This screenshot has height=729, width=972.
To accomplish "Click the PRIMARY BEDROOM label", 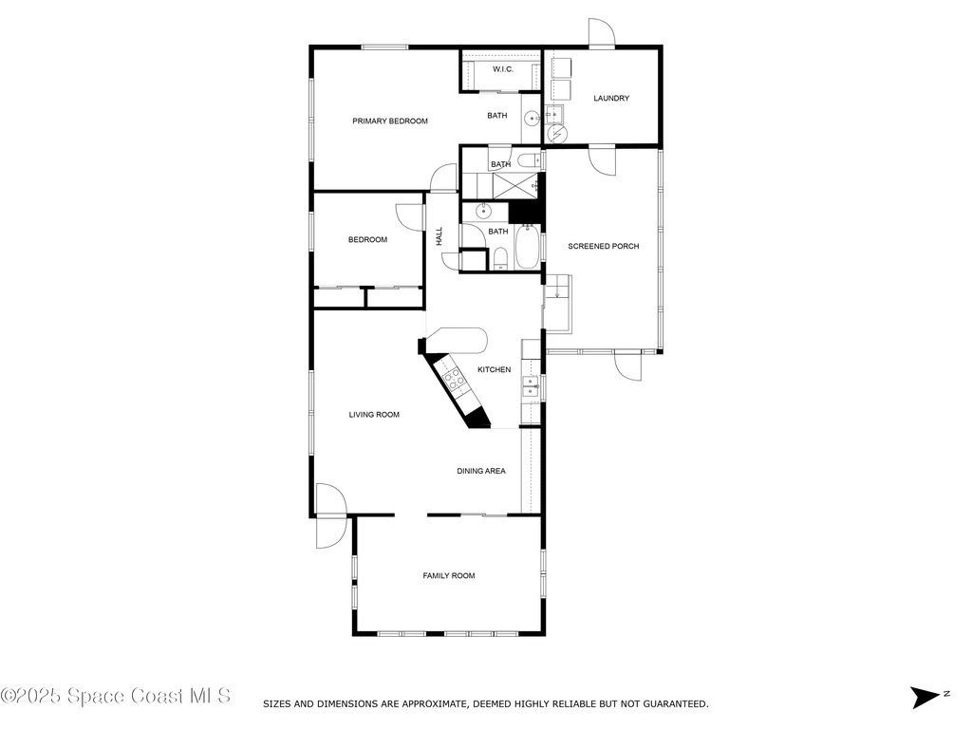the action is point(390,121).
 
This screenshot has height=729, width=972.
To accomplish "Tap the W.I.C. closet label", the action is point(503,69).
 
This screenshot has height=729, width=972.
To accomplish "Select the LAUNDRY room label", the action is point(611,98).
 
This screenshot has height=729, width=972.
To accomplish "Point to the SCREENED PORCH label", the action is point(603,246).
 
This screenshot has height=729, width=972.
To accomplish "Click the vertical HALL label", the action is point(439,236).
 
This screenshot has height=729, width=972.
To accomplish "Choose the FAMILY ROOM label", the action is point(449,576).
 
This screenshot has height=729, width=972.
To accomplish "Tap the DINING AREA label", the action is point(481,471).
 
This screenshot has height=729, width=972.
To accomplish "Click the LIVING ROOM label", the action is point(374,415).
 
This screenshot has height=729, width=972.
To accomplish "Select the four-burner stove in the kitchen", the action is point(455,379).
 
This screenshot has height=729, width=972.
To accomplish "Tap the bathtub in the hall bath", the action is point(528,246).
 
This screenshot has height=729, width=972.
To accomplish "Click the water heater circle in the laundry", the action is point(558,133).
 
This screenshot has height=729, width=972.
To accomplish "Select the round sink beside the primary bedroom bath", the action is point(532,118).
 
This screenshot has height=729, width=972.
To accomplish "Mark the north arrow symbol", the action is point(926,698).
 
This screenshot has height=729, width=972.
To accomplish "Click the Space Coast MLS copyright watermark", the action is point(116,696).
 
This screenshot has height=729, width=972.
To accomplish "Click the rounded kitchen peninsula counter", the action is point(458,341).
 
